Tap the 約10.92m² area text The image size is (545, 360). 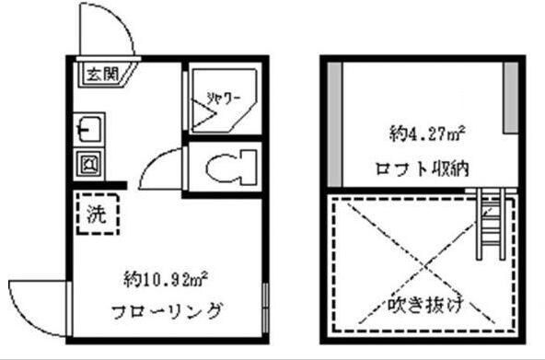coord(167,277)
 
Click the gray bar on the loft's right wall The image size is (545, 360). coord(507,97)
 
